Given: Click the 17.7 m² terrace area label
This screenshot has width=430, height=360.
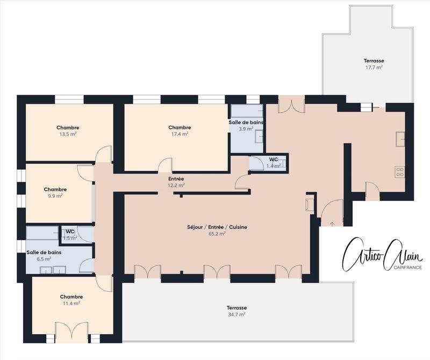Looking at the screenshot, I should (x=373, y=64).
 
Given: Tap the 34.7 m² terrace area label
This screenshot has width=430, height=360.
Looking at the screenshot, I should (x=236, y=311).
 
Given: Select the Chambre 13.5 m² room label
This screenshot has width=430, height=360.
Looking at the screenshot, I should (x=67, y=131).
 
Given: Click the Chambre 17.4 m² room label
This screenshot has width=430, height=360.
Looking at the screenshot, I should (x=179, y=131).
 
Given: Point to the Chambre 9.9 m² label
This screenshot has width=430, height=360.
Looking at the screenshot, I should (x=55, y=192).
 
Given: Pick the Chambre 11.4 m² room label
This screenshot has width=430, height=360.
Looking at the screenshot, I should (x=71, y=300).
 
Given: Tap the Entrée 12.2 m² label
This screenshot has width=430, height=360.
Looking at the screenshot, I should (x=176, y=182).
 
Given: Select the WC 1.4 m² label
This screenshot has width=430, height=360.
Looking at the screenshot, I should (x=274, y=163).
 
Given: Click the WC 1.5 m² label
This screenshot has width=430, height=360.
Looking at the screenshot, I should (x=70, y=234).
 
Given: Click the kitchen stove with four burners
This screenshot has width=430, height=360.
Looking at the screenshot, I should (x=399, y=172).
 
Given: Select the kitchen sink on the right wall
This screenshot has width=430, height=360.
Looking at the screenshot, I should (x=399, y=139).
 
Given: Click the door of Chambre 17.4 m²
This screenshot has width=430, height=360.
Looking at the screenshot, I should (x=165, y=166).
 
